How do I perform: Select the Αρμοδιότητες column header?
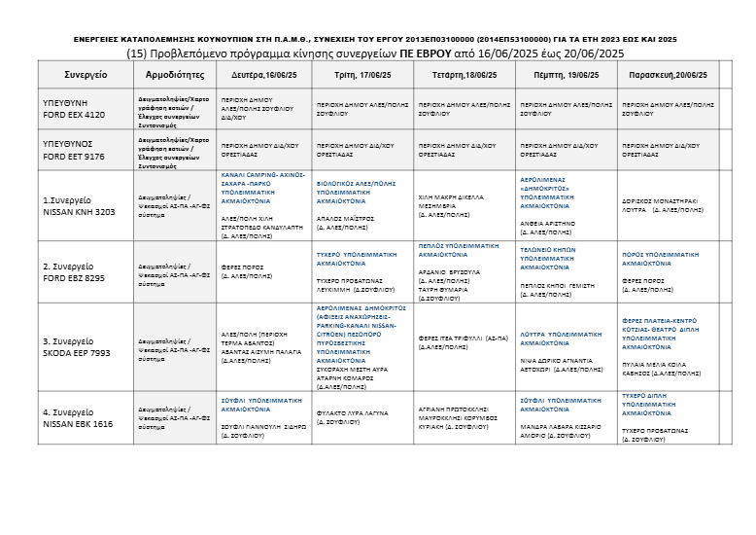point(174,73)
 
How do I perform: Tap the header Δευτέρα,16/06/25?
point(263,74)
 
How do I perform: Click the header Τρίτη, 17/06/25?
point(362,74)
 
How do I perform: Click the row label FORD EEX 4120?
point(74,114)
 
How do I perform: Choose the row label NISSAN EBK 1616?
point(80,424)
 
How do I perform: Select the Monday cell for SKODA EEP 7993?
point(262,348)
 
